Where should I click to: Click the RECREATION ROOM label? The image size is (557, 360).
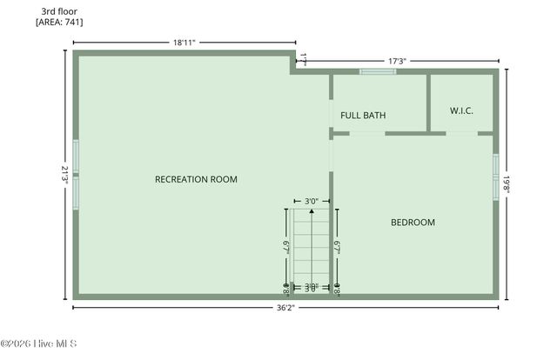tap(196, 179)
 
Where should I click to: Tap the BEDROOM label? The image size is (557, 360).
tap(412, 223)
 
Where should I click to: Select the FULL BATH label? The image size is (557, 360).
tap(363, 116)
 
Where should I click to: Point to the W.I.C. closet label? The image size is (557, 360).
tap(461, 110)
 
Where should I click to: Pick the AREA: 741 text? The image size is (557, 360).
tap(59, 23)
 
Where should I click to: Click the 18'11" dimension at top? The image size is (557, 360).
tap(184, 42)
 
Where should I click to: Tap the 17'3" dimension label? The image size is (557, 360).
tap(397, 61)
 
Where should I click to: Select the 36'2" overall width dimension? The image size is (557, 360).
tap(285, 307)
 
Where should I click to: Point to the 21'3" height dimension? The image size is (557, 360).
tap(64, 173)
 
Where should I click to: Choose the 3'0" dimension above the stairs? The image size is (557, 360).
tap(311, 200)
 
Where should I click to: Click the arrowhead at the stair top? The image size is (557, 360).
tap(312, 210)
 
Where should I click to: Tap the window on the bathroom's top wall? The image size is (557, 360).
tap(378, 71)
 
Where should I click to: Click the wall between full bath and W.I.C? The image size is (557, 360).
tap(428, 103)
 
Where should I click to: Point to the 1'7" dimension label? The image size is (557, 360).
tap(303, 58)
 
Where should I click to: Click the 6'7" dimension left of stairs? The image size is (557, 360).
tap(286, 247)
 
